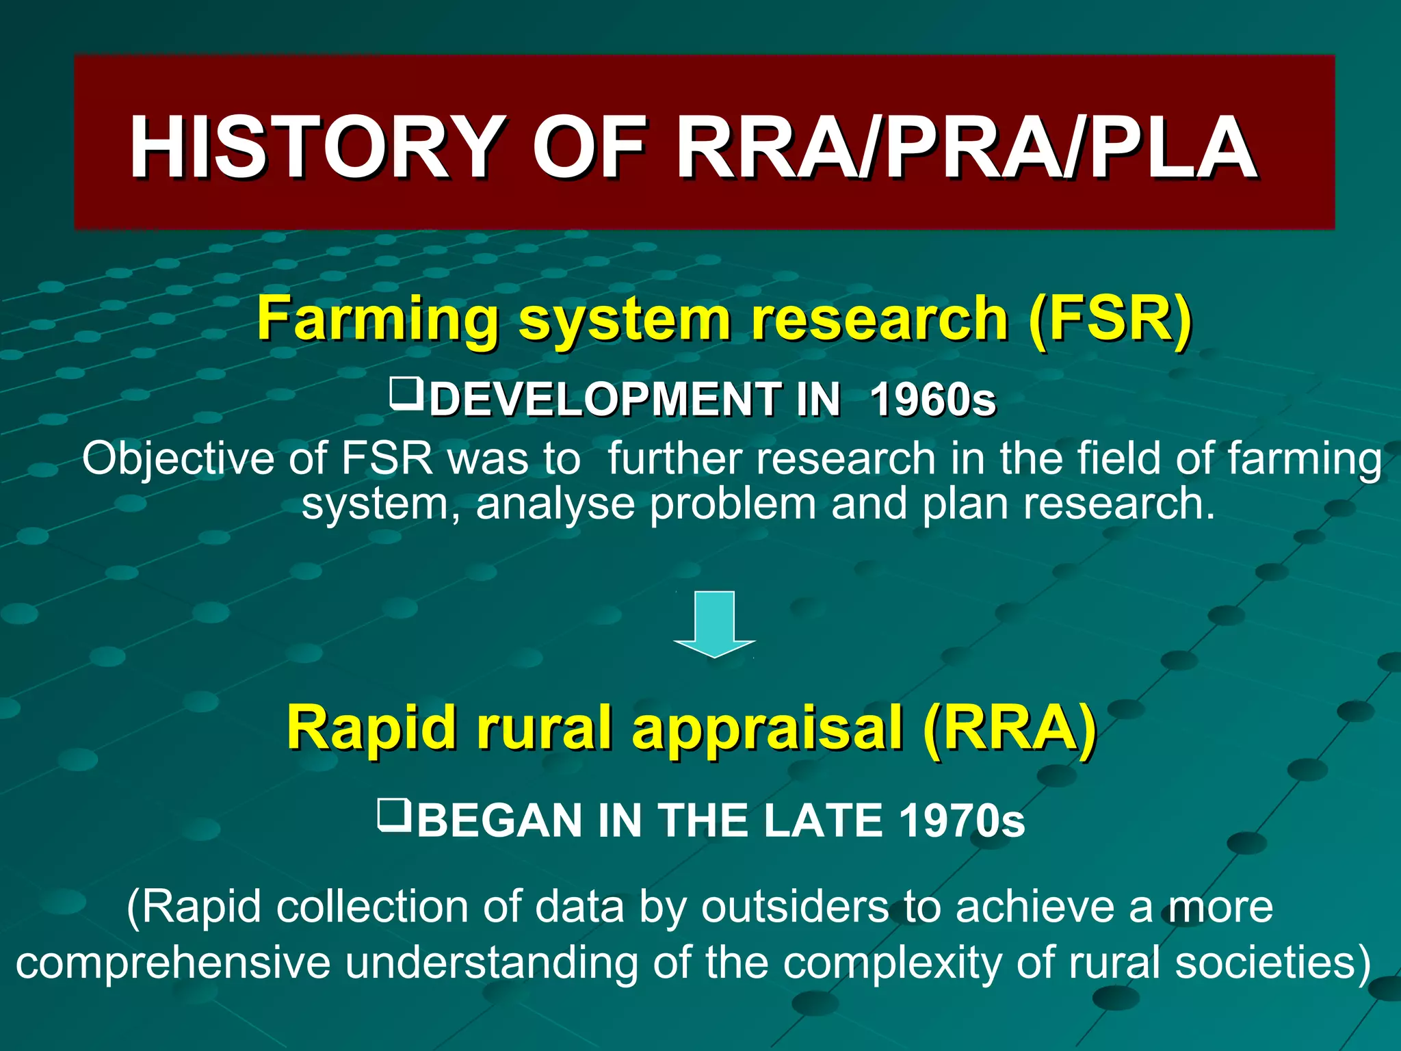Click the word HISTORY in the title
pos(315,146)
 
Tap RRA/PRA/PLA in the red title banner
pos(965,146)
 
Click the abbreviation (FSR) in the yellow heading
pos(1110,318)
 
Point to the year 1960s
pos(932,399)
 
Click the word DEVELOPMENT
pos(605,399)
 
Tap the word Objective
pos(177,458)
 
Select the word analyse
pos(555,504)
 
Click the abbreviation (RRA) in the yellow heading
pos(1009,727)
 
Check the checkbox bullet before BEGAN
pos(393,816)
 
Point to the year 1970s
pos(961,820)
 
